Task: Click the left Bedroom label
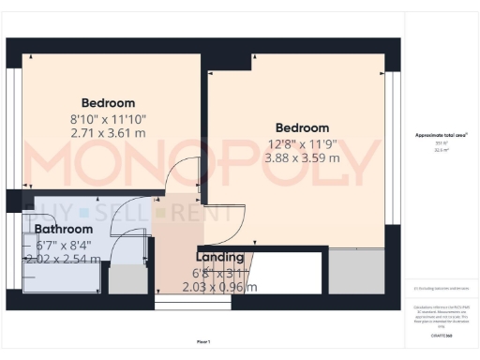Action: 108,103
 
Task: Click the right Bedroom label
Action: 302,127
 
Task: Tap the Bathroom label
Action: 64,229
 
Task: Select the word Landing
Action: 219,257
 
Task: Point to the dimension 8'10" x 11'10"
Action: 108,119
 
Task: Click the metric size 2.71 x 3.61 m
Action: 108,134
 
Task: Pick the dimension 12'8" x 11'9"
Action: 302,143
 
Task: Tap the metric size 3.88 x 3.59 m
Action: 302,158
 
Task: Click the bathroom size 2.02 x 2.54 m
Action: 62,259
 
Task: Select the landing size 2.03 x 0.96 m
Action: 219,287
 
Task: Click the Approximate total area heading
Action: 442,136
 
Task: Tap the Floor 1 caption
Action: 203,340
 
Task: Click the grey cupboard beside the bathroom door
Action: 122,278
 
